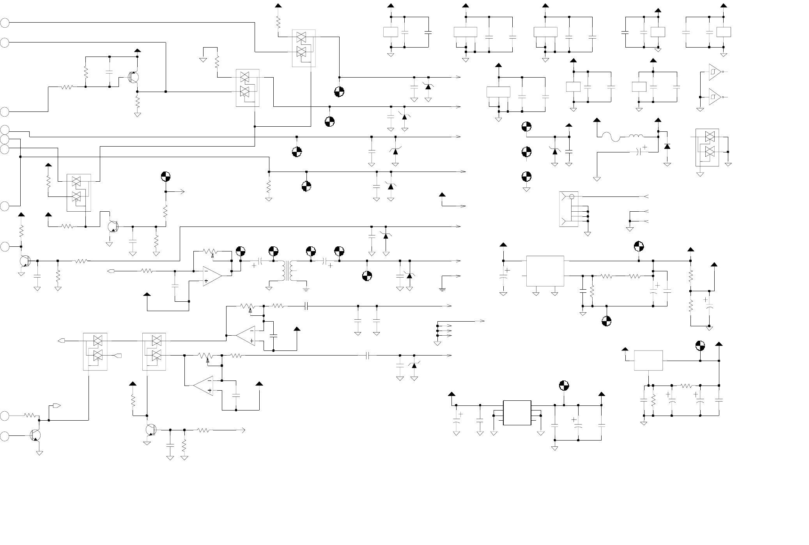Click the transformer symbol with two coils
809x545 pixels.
click(x=289, y=271)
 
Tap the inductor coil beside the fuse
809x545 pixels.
click(x=635, y=136)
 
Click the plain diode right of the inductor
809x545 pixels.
click(x=667, y=147)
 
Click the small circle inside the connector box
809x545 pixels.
click(x=572, y=196)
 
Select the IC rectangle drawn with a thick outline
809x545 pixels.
click(x=517, y=413)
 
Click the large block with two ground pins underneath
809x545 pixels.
click(x=545, y=271)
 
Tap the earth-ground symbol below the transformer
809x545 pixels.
click(x=306, y=289)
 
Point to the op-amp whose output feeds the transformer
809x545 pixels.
click(x=212, y=276)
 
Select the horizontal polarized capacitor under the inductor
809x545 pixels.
click(x=640, y=151)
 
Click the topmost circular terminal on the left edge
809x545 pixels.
click(x=4, y=23)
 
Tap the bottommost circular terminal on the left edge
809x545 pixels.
click(x=4, y=436)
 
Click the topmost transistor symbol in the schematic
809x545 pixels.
click(x=134, y=77)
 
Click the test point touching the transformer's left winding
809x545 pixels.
click(x=273, y=251)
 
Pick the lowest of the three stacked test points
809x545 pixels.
click(x=526, y=177)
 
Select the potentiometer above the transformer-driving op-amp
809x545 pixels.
click(x=211, y=251)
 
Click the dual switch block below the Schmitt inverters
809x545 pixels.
click(x=707, y=147)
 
